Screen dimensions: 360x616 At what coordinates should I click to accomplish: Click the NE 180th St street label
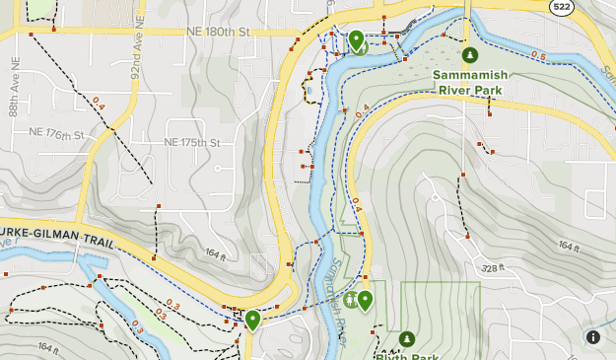point(220,32)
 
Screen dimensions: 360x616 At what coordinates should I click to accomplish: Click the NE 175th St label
point(191,143)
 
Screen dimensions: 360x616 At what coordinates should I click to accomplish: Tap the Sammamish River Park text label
point(468,82)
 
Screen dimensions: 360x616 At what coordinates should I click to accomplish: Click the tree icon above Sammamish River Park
point(470,55)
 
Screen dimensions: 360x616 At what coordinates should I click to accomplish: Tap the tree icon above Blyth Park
point(406,339)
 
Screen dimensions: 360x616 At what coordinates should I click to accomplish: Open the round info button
point(593,337)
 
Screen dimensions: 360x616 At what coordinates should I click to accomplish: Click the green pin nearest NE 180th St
point(356,39)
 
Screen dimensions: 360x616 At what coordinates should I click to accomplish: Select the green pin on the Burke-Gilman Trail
point(252,319)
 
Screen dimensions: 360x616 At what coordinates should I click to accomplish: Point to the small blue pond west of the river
point(309,91)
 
